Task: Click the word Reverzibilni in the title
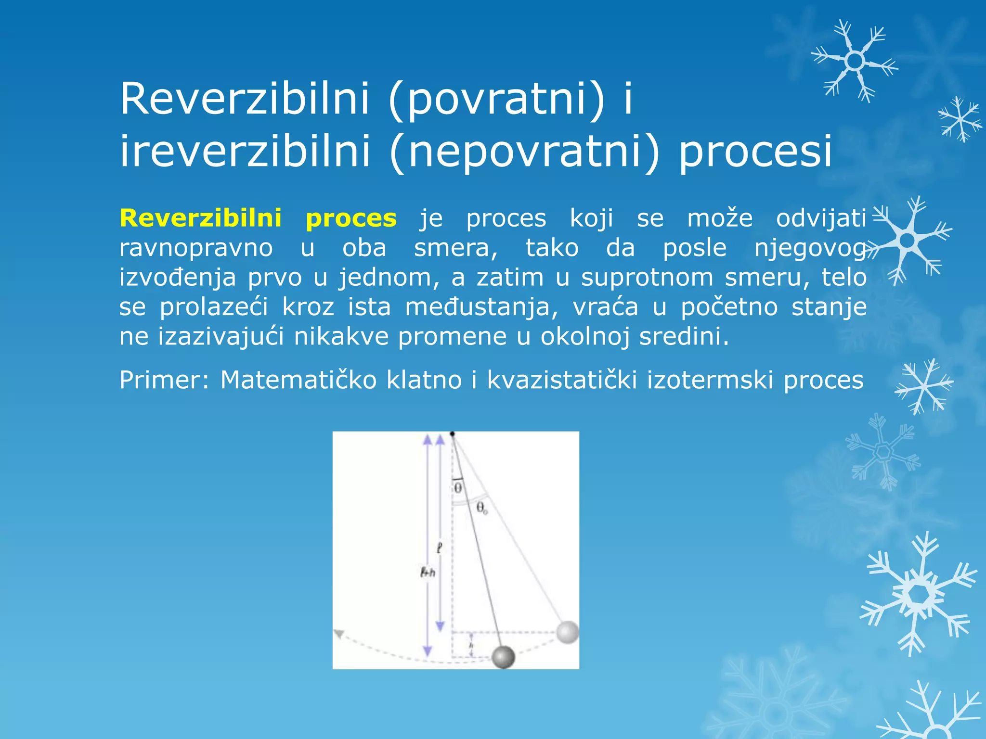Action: (245, 99)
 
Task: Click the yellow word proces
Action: (351, 218)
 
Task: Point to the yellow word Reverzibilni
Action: (200, 218)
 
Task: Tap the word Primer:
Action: (164, 380)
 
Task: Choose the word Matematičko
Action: (298, 380)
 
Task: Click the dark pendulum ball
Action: (503, 657)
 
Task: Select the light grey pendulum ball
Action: (567, 632)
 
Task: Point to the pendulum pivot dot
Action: (452, 434)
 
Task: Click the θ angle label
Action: (458, 488)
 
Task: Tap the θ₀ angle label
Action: (481, 508)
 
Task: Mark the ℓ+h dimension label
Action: (428, 572)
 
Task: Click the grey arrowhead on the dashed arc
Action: (338, 634)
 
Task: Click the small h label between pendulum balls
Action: (471, 645)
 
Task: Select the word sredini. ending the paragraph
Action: (684, 337)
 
